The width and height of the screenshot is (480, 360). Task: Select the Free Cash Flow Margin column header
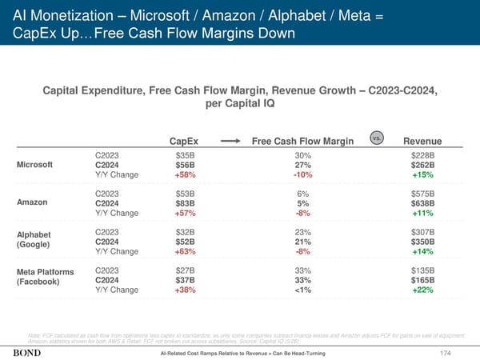(x=302, y=142)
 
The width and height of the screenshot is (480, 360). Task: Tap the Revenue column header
(x=422, y=142)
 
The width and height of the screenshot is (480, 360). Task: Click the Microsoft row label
(x=36, y=166)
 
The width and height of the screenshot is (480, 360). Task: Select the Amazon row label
(x=33, y=202)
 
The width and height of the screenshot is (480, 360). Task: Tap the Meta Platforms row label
(x=46, y=274)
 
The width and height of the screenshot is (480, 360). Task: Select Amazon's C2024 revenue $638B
(x=422, y=203)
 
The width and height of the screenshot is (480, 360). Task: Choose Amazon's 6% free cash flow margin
(x=302, y=193)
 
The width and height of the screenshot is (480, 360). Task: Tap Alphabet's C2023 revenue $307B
(x=422, y=232)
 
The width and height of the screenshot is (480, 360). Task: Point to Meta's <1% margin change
(x=302, y=290)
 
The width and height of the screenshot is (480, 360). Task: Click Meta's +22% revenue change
(x=423, y=290)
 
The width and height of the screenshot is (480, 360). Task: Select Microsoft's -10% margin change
(x=302, y=176)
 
